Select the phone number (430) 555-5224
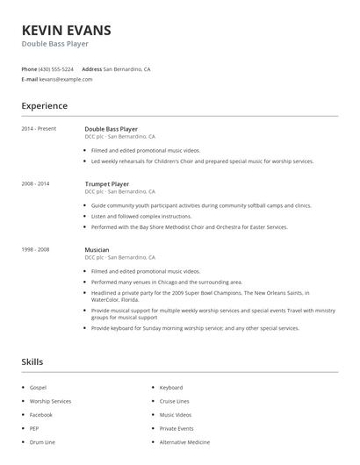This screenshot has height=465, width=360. (56, 68)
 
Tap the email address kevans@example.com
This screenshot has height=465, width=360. (66, 79)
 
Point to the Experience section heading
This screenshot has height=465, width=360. (44, 106)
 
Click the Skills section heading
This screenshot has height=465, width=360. (32, 361)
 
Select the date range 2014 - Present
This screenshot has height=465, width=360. (39, 128)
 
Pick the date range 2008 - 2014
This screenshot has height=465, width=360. (35, 183)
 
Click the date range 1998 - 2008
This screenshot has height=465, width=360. (35, 249)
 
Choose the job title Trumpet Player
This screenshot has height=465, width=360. (107, 184)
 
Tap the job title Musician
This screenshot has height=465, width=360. (97, 250)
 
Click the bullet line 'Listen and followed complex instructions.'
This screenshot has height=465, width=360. (141, 216)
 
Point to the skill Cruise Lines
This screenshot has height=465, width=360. (174, 400)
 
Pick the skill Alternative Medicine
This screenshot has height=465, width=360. (185, 442)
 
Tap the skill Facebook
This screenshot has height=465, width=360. (41, 414)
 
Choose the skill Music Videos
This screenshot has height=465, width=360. (175, 414)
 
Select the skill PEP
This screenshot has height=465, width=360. (35, 428)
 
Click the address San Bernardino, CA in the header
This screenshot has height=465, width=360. (126, 68)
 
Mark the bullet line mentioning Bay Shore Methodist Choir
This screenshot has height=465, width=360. (189, 226)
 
